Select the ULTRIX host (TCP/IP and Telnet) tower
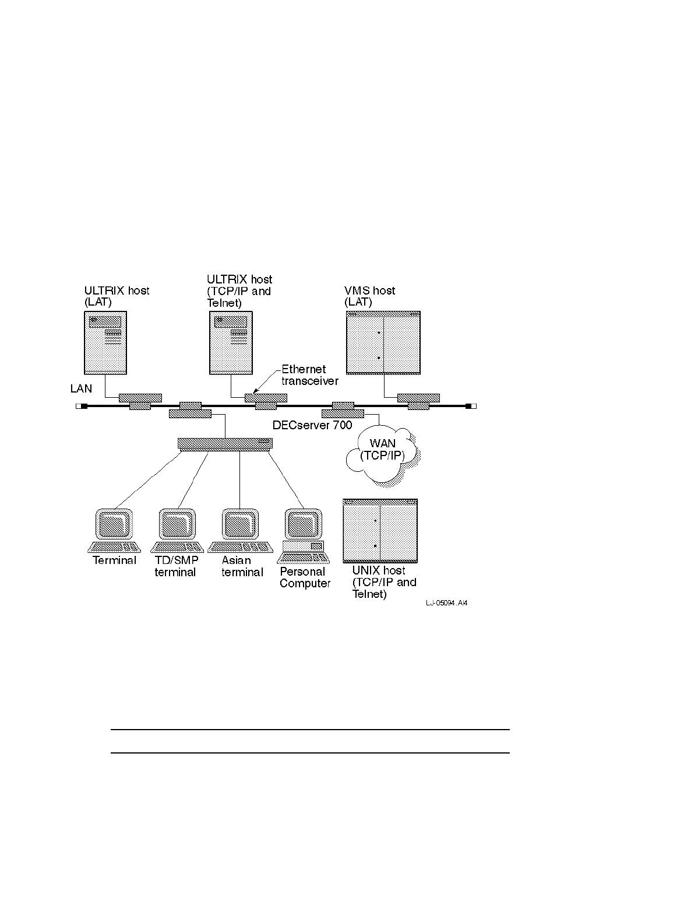(x=231, y=342)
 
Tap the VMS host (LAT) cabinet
(x=383, y=342)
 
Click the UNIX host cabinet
(x=380, y=531)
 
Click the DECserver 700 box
(x=225, y=444)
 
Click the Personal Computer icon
(x=303, y=531)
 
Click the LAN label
(x=81, y=389)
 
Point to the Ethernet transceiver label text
(x=309, y=375)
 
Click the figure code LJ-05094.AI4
(x=446, y=603)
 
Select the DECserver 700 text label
(x=312, y=425)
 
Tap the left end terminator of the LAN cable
(x=81, y=406)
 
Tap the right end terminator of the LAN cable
(x=471, y=406)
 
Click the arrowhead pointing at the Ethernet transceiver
(x=255, y=392)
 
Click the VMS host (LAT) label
(x=370, y=296)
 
